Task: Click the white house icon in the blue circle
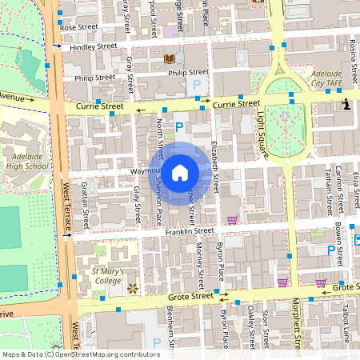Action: [x=180, y=171]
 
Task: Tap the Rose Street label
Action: [x=78, y=27]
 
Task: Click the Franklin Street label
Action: [x=190, y=231]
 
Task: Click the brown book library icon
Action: [x=169, y=58]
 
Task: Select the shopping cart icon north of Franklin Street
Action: [x=232, y=220]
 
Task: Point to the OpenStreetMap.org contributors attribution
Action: [x=104, y=354]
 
